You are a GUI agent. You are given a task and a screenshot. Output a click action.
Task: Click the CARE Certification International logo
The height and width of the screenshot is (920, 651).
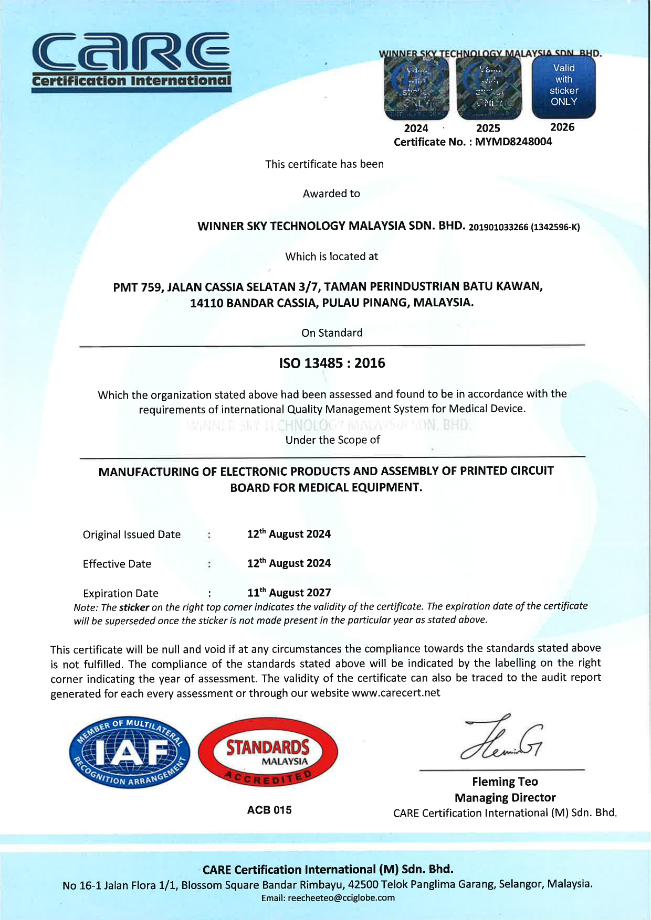131,62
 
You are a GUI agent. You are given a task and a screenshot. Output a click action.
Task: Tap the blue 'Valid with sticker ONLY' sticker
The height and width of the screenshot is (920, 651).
564,86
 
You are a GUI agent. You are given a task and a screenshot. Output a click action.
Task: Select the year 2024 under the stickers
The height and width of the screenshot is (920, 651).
416,129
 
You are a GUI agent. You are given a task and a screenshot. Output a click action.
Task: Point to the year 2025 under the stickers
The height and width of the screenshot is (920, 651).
488,129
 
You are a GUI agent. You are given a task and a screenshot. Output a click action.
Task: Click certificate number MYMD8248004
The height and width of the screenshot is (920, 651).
513,142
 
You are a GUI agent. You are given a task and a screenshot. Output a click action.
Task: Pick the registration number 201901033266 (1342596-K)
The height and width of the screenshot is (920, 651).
524,227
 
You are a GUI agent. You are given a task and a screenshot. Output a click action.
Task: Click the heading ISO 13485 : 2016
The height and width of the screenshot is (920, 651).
332,363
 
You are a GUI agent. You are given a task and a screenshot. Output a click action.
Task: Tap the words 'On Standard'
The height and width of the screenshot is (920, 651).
332,333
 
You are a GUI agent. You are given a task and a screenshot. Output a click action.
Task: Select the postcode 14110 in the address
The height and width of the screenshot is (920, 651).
206,303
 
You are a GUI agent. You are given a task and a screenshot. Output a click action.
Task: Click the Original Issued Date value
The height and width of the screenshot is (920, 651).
289,534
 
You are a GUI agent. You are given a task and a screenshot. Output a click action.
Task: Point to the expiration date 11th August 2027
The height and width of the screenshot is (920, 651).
289,593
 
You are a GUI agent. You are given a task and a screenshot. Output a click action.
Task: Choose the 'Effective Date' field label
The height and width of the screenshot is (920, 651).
117,564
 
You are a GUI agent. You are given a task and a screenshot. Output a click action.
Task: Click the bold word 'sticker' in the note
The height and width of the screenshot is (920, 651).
134,607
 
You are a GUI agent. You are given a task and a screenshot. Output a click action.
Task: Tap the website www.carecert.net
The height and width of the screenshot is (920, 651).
396,693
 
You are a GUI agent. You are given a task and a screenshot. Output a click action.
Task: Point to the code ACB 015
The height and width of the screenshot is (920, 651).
269,810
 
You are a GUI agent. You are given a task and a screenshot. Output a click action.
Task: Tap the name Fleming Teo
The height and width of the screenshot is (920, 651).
505,782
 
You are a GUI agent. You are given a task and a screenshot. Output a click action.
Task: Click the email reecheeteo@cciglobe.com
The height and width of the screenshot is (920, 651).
341,897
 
